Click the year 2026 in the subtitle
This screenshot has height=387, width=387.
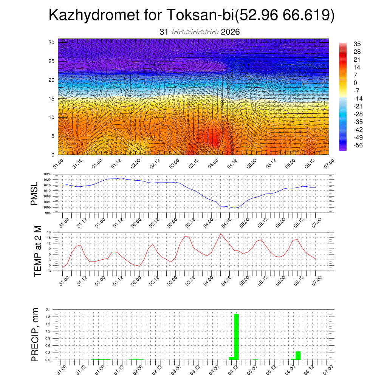pyautogui.click(x=230, y=32)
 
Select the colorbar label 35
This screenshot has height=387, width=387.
pyautogui.click(x=357, y=44)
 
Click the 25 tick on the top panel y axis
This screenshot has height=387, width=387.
pyautogui.click(x=52, y=61)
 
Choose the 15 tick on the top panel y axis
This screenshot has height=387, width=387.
pyautogui.click(x=52, y=99)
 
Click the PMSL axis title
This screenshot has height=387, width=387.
pyautogui.click(x=35, y=193)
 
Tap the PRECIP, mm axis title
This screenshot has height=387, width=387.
pyautogui.click(x=35, y=335)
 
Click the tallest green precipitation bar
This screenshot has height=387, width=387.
pyautogui.click(x=237, y=336)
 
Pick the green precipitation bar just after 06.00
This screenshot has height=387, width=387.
pyautogui.click(x=298, y=355)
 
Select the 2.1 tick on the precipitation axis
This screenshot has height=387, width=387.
pyautogui.click(x=48, y=310)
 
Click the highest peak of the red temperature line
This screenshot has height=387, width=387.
pyautogui.click(x=221, y=234)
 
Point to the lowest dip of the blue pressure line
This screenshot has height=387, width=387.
pyautogui.click(x=234, y=208)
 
